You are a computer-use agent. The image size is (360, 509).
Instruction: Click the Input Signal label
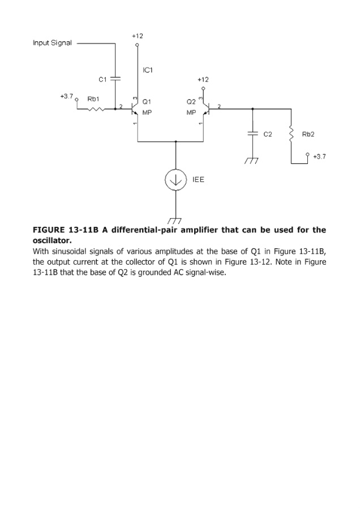(x=52, y=43)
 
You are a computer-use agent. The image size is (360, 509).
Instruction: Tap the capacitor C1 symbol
(x=115, y=79)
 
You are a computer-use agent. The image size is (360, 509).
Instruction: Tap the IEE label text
(x=198, y=179)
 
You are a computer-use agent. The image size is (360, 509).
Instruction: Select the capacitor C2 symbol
(x=252, y=135)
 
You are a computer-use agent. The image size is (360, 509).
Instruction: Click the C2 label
(x=268, y=135)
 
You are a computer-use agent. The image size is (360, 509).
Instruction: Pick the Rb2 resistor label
(x=308, y=135)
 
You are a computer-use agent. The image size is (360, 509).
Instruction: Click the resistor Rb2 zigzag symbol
(x=291, y=135)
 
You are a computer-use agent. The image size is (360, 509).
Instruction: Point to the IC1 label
(x=148, y=70)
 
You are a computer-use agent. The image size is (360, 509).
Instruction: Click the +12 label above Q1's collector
(x=137, y=36)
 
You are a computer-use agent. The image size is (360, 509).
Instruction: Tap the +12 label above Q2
(x=203, y=80)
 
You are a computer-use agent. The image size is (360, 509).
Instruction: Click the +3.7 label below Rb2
(x=319, y=156)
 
